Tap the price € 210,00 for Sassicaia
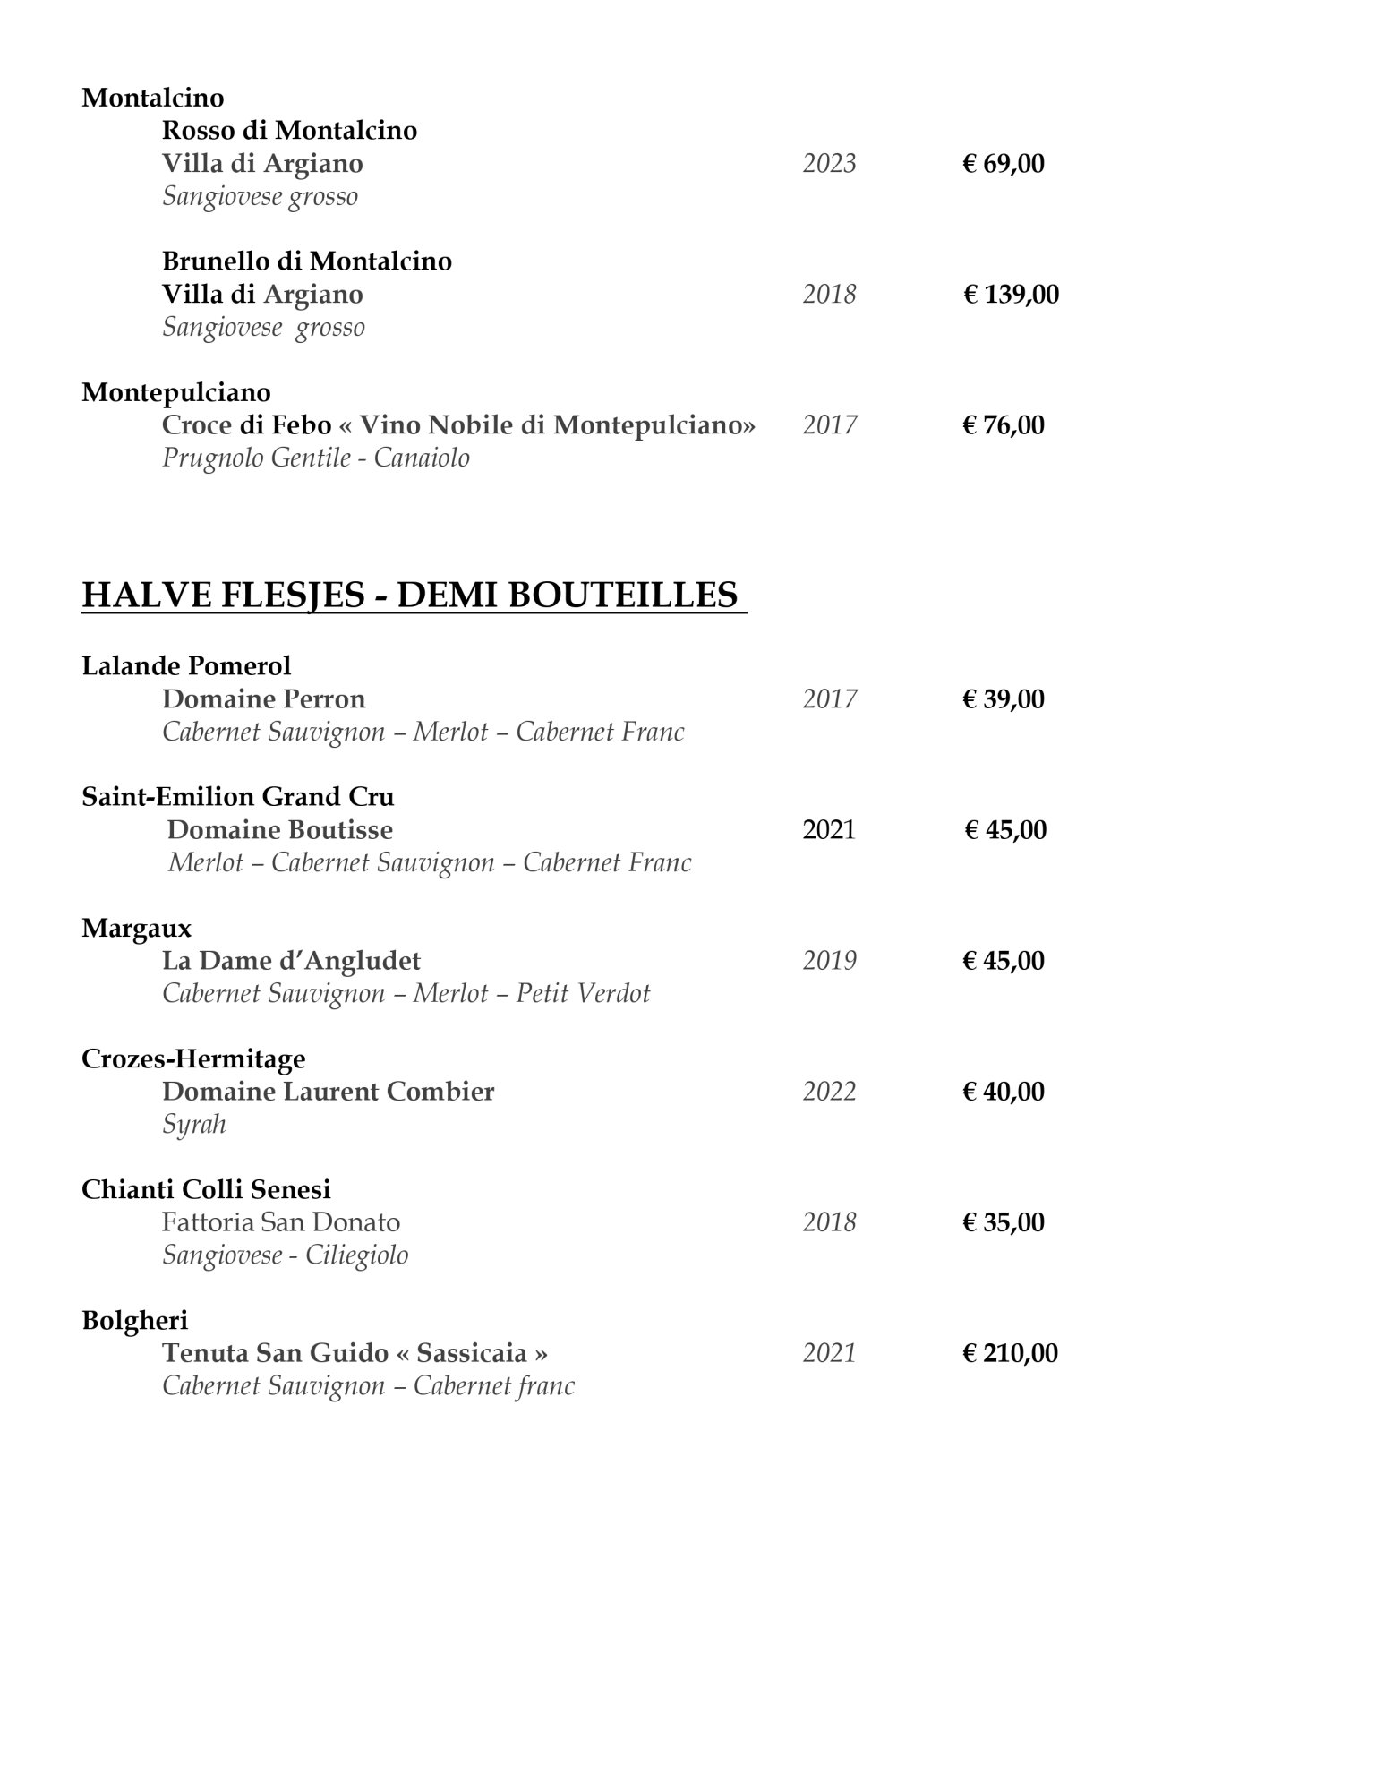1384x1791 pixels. [1009, 1353]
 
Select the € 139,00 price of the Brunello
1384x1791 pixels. [1010, 295]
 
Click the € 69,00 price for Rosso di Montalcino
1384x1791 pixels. [1003, 164]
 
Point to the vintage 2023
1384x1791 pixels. [829, 164]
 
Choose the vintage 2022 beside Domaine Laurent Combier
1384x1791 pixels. [829, 1092]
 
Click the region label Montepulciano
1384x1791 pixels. [176, 392]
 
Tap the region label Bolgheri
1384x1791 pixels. [134, 1320]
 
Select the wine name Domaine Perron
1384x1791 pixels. [263, 699]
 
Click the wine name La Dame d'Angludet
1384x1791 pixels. [291, 961]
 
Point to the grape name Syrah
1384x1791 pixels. [193, 1125]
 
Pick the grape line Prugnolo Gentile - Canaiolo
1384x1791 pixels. [315, 458]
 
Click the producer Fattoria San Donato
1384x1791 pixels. [280, 1222]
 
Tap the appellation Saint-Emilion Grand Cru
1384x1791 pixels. [237, 797]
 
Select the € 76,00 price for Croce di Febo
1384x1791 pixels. [1003, 425]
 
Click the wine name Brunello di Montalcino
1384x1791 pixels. [306, 261]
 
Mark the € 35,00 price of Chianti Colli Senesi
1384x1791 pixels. [1003, 1222]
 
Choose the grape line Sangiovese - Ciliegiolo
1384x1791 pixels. [285, 1255]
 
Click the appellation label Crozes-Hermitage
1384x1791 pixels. [193, 1058]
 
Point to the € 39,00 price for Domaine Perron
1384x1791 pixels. [1003, 699]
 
